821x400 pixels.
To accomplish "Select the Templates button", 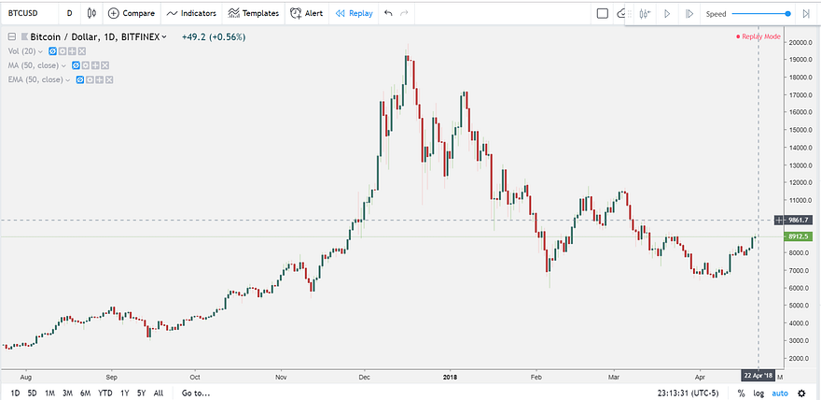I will (x=254, y=14).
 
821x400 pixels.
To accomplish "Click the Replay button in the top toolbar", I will (x=354, y=14).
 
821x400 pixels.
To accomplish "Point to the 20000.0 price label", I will (x=800, y=43).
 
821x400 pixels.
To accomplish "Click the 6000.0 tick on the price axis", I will (x=798, y=288).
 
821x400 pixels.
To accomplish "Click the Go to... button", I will (x=196, y=393).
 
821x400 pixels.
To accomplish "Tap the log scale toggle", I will (x=759, y=393).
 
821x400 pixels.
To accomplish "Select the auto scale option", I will (x=780, y=393).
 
